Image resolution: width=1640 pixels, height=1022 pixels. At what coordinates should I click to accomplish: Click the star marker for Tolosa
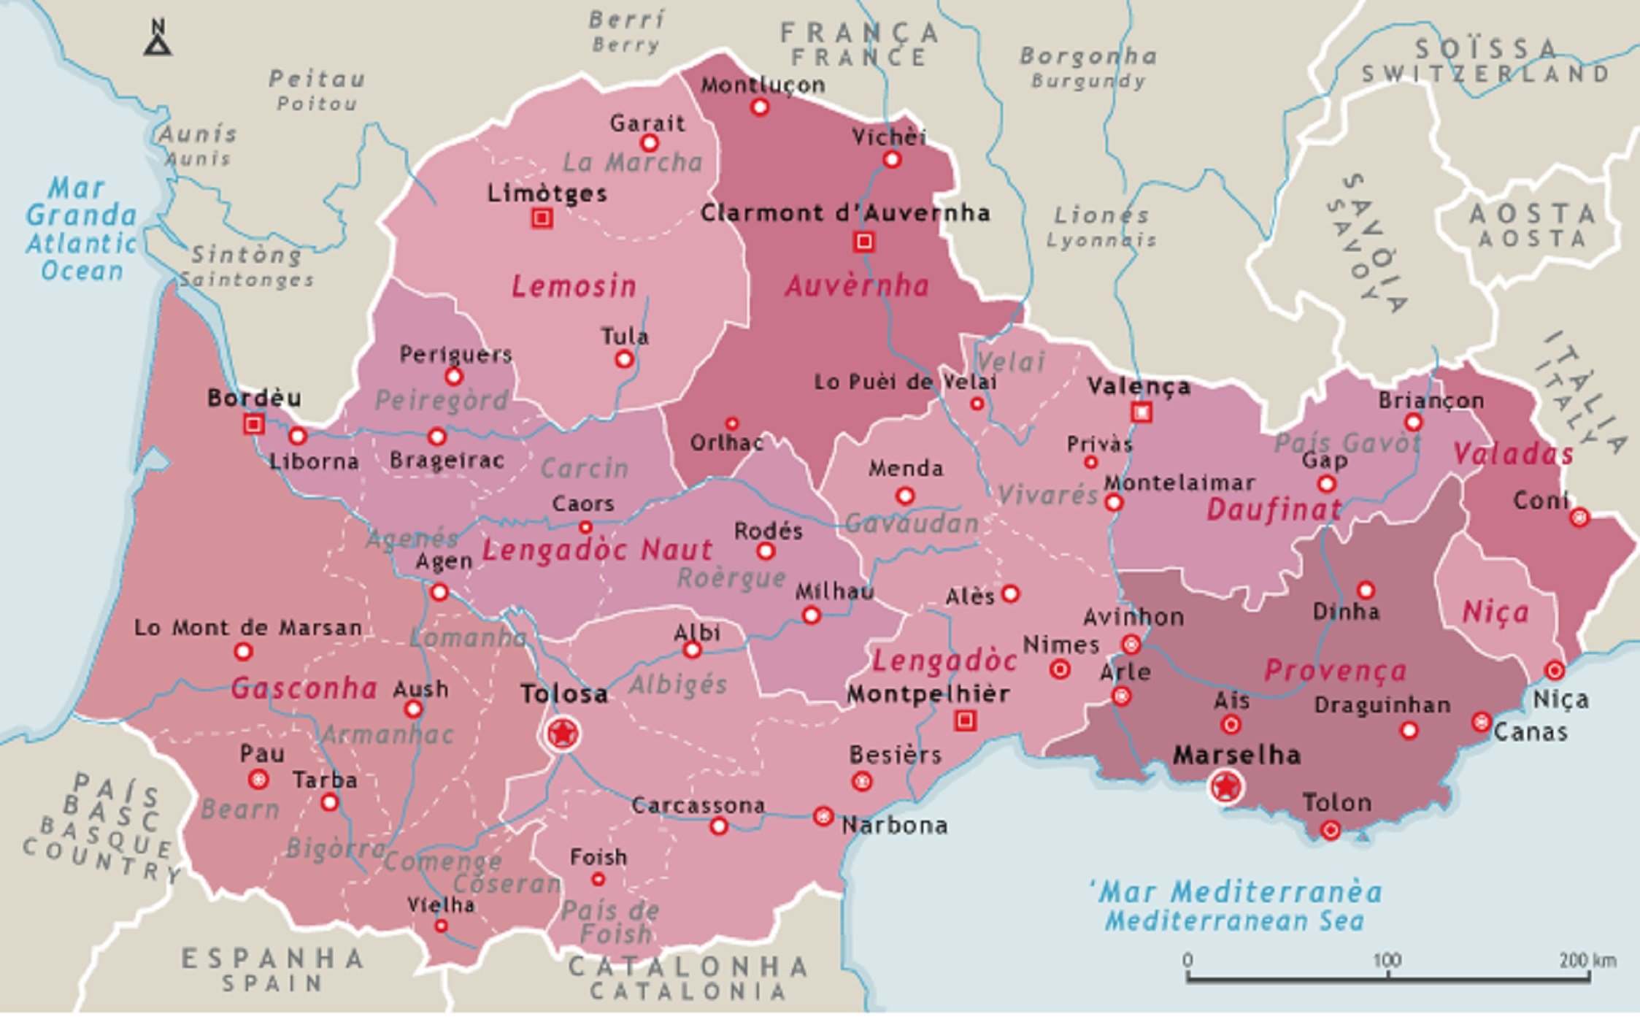coord(561,732)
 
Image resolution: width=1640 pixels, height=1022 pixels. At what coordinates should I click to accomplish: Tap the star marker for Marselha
coord(1225,787)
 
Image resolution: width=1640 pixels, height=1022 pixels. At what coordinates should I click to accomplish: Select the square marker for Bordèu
coord(253,424)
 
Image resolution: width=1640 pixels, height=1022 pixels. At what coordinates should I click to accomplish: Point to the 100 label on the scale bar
coord(1386,960)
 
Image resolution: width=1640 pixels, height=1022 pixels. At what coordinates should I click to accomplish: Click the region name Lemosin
coord(574,286)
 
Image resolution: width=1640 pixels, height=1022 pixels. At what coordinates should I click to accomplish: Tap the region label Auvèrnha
coord(857,285)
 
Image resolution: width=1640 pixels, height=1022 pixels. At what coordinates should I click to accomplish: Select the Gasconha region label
coord(304,688)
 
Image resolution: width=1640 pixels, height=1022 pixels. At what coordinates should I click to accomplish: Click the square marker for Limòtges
coord(542,218)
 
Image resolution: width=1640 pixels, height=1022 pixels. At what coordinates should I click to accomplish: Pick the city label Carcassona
coord(698,806)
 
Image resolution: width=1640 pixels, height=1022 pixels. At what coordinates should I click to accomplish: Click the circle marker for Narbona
coord(823,816)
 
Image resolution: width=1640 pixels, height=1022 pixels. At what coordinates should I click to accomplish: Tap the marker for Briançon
coord(1413,423)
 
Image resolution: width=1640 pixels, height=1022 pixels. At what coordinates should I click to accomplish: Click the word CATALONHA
coord(688,967)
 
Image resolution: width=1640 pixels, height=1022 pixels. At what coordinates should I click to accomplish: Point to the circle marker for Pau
coord(258,780)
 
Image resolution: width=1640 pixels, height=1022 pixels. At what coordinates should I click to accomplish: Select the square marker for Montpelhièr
coord(965,721)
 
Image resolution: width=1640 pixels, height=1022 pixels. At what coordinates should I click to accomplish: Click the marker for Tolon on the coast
coord(1330,830)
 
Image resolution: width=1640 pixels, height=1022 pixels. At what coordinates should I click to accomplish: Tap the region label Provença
coord(1335,670)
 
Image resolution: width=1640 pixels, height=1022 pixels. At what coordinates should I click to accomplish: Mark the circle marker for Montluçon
coord(760,107)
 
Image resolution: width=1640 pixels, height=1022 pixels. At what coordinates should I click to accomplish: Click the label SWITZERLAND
coord(1485,74)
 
